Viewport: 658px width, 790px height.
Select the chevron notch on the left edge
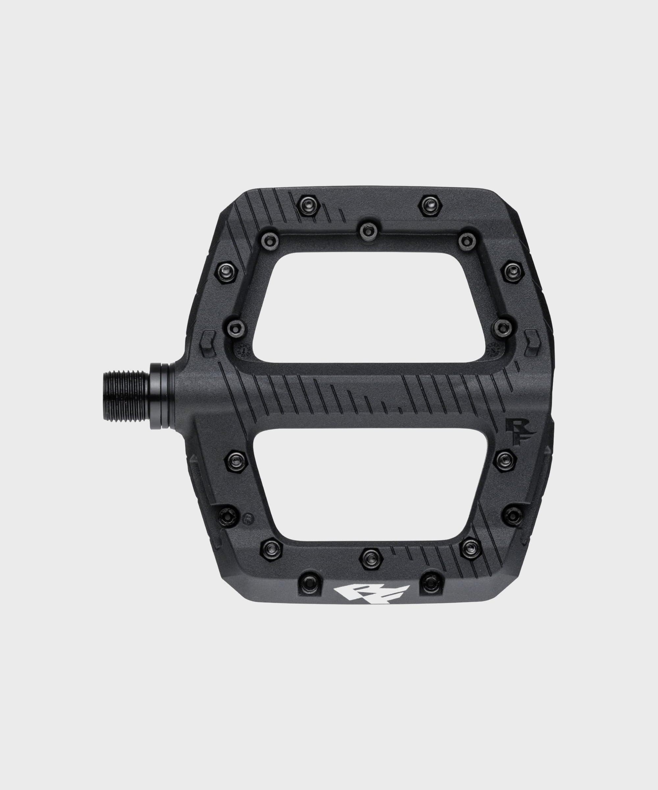(208, 343)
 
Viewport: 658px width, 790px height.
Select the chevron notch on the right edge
(532, 342)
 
